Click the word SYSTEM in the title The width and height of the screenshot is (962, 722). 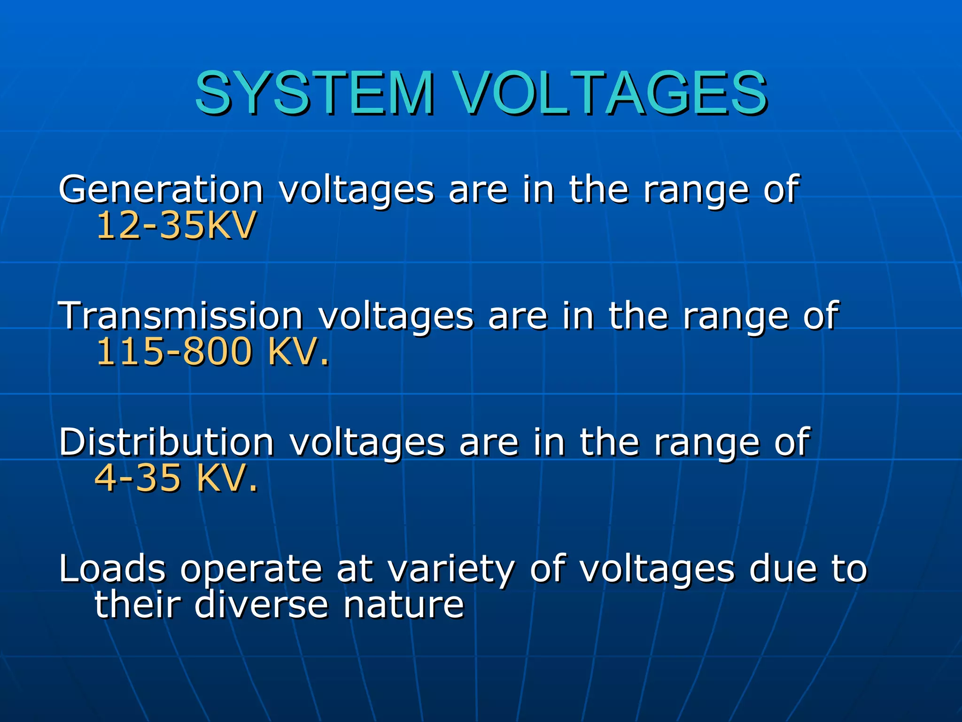click(314, 93)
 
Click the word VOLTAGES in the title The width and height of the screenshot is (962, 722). click(611, 93)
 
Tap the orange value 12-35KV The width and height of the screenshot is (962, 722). click(176, 226)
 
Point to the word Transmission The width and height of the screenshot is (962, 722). click(180, 316)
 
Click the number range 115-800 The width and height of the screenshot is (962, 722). click(174, 352)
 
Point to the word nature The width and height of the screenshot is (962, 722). click(403, 605)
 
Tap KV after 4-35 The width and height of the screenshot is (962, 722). click(221, 479)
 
